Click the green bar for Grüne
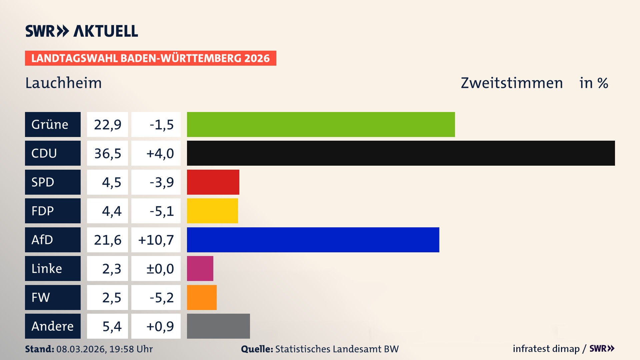(x=321, y=124)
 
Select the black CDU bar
(x=401, y=153)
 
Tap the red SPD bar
(x=213, y=182)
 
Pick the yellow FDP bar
(x=212, y=211)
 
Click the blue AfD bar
(x=313, y=240)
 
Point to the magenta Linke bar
(x=200, y=268)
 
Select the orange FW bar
(x=202, y=297)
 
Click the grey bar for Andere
(x=218, y=326)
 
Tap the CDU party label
(x=53, y=153)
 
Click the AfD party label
(x=53, y=240)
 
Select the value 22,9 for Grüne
(x=107, y=125)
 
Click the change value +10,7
(x=156, y=240)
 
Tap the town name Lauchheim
(x=63, y=83)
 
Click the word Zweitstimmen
(x=511, y=83)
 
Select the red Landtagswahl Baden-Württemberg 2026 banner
(x=150, y=58)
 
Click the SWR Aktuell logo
(x=81, y=31)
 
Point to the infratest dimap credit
(x=546, y=349)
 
